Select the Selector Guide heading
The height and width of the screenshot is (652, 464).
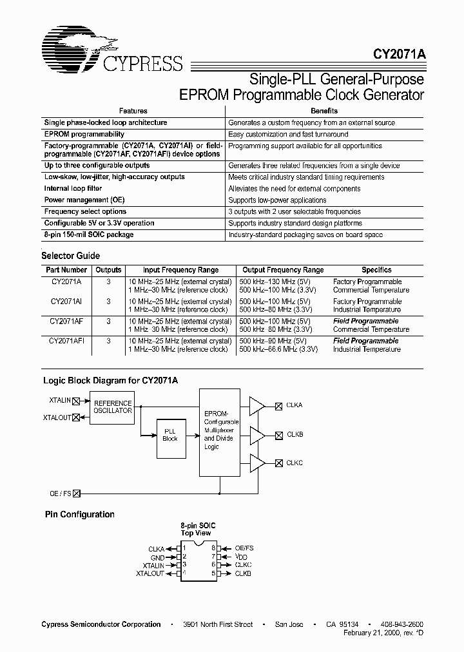click(71, 256)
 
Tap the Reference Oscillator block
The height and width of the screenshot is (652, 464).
click(113, 407)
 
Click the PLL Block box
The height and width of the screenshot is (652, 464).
click(170, 435)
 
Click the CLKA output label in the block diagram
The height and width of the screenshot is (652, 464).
click(295, 405)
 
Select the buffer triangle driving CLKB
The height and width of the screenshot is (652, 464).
click(257, 435)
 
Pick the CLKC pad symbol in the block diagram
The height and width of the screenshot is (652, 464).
click(278, 464)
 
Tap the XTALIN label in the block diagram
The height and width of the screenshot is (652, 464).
click(59, 400)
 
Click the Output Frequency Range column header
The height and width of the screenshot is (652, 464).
click(283, 270)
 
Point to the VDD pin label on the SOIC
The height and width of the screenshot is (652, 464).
click(241, 556)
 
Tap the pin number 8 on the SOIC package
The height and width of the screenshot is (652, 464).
click(212, 548)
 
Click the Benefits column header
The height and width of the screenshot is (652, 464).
click(324, 111)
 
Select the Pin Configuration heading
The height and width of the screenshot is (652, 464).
click(79, 514)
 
